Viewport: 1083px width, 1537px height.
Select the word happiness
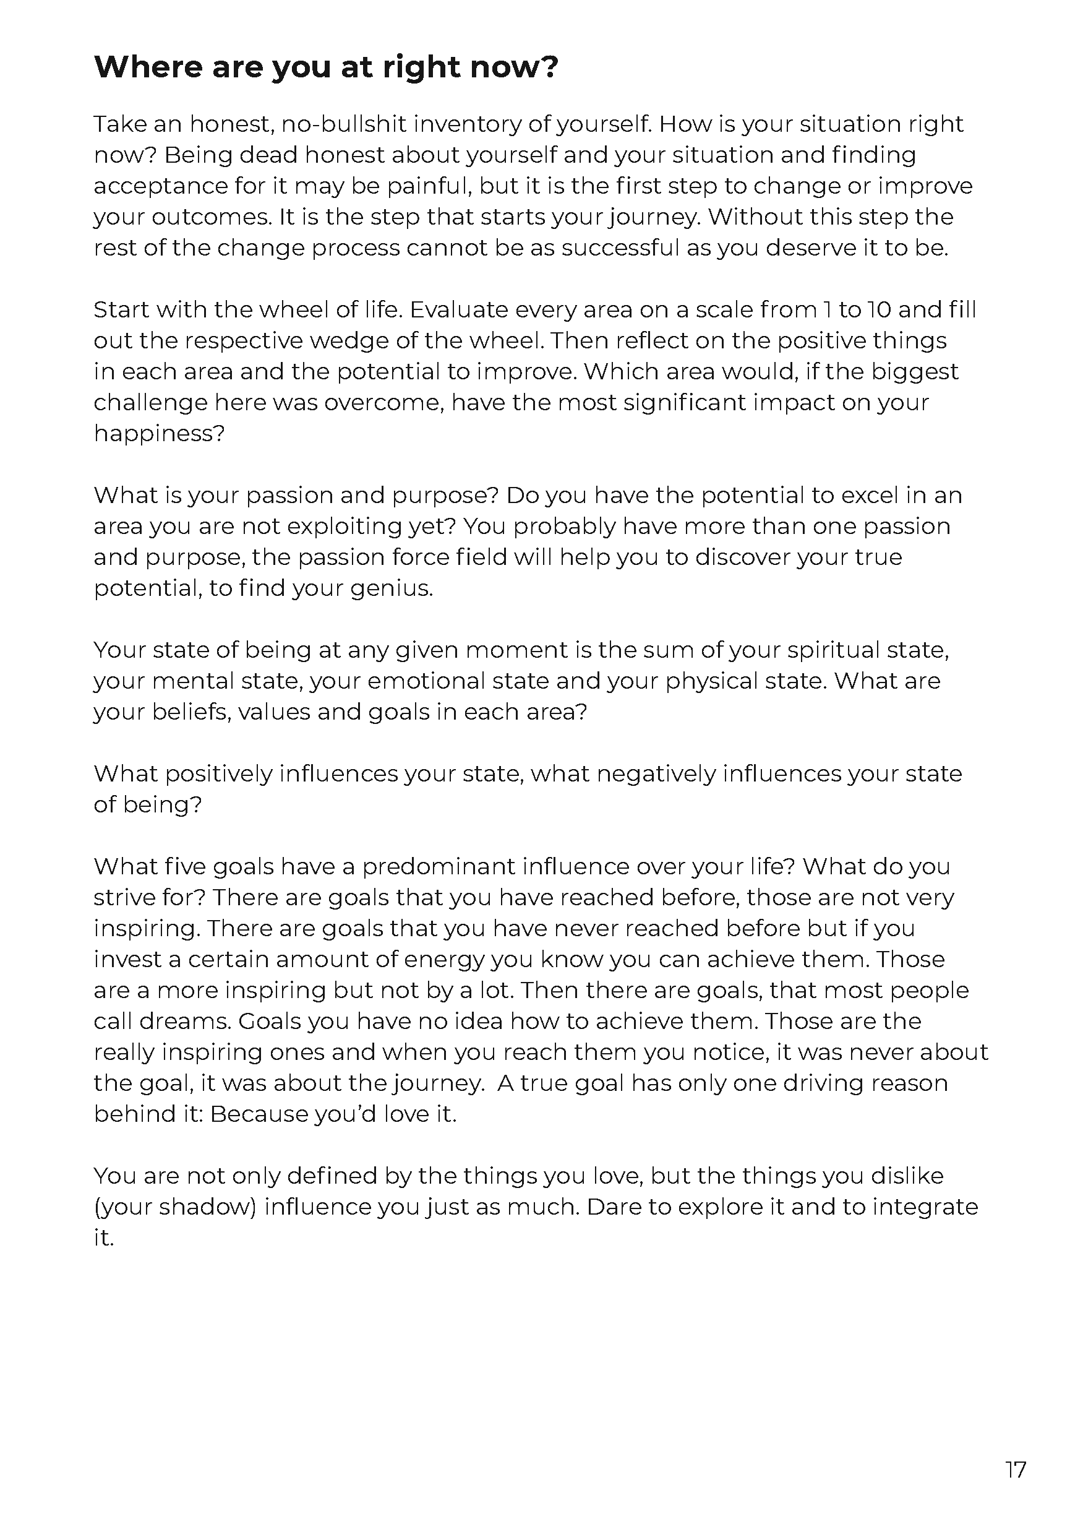coord(158,434)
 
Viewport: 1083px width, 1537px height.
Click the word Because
coord(259,1114)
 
